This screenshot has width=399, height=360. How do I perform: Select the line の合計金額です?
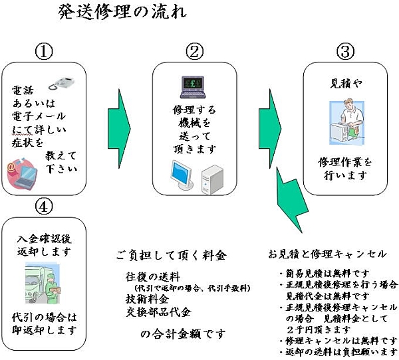click(x=183, y=333)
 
